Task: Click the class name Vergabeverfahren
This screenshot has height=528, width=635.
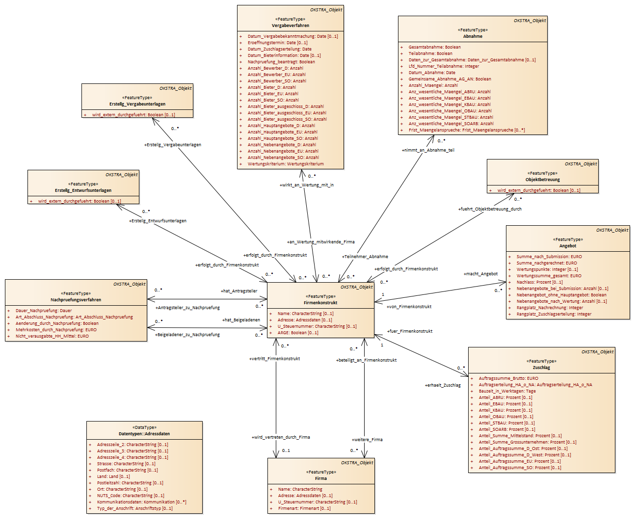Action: (291, 26)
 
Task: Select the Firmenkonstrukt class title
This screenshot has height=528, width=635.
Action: (320, 303)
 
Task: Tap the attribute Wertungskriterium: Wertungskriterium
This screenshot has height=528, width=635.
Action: (286, 164)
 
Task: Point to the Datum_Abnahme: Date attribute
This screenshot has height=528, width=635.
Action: (432, 73)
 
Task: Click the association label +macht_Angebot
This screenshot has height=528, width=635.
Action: (480, 274)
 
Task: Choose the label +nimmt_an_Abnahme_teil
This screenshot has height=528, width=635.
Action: (428, 150)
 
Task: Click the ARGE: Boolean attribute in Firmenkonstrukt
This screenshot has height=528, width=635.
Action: (298, 333)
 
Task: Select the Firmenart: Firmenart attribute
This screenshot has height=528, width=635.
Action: (304, 508)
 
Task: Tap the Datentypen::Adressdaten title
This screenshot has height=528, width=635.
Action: (144, 434)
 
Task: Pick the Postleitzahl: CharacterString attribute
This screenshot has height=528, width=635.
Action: (130, 483)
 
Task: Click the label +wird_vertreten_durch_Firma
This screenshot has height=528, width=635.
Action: (281, 437)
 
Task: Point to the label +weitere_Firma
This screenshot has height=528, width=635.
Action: (367, 440)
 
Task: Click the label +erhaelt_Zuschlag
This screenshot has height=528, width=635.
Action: (443, 385)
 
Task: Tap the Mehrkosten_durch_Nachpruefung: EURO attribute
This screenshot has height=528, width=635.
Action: (56, 330)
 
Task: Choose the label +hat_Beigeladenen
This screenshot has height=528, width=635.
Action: (241, 319)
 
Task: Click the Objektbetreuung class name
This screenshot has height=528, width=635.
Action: (543, 180)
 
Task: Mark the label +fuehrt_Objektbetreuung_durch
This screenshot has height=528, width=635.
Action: (490, 209)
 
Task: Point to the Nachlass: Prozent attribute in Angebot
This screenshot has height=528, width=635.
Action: (539, 282)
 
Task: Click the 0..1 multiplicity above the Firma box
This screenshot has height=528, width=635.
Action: (286, 450)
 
